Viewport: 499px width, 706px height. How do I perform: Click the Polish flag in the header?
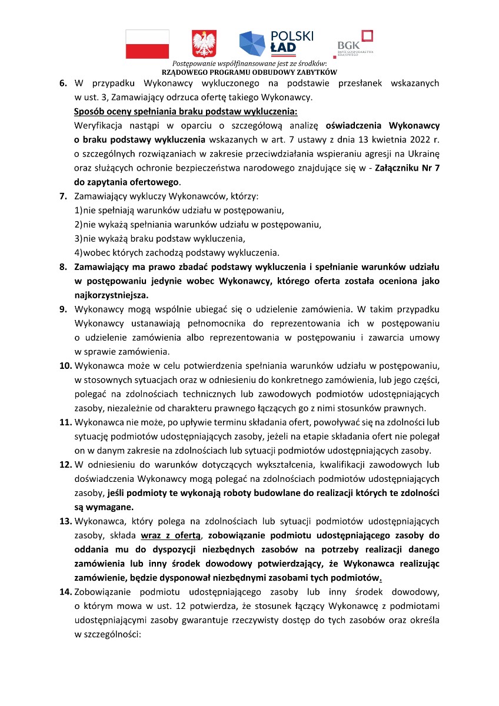tap(147, 44)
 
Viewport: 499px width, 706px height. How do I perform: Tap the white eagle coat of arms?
tap(204, 44)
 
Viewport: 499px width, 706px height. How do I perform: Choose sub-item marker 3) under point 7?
tap(78, 238)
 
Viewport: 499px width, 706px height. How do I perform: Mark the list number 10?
tap(65, 365)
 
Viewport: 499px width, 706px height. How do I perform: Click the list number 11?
tap(65, 422)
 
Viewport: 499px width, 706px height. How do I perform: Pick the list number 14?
tap(65, 592)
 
